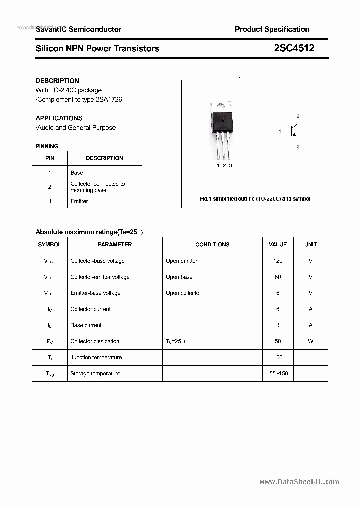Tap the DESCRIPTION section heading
(57, 81)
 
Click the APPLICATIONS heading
(59, 118)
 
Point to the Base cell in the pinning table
(77, 173)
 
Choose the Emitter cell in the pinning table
(79, 201)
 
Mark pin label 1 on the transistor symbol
(280, 131)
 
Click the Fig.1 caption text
(255, 199)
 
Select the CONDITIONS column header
(212, 244)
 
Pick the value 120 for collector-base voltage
(278, 261)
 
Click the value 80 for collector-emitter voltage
(278, 277)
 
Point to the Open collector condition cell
(184, 293)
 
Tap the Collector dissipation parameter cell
(95, 341)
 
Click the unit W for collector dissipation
(310, 341)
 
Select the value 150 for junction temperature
(278, 357)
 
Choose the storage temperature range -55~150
(278, 373)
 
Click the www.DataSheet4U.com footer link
(299, 482)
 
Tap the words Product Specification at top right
(272, 29)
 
